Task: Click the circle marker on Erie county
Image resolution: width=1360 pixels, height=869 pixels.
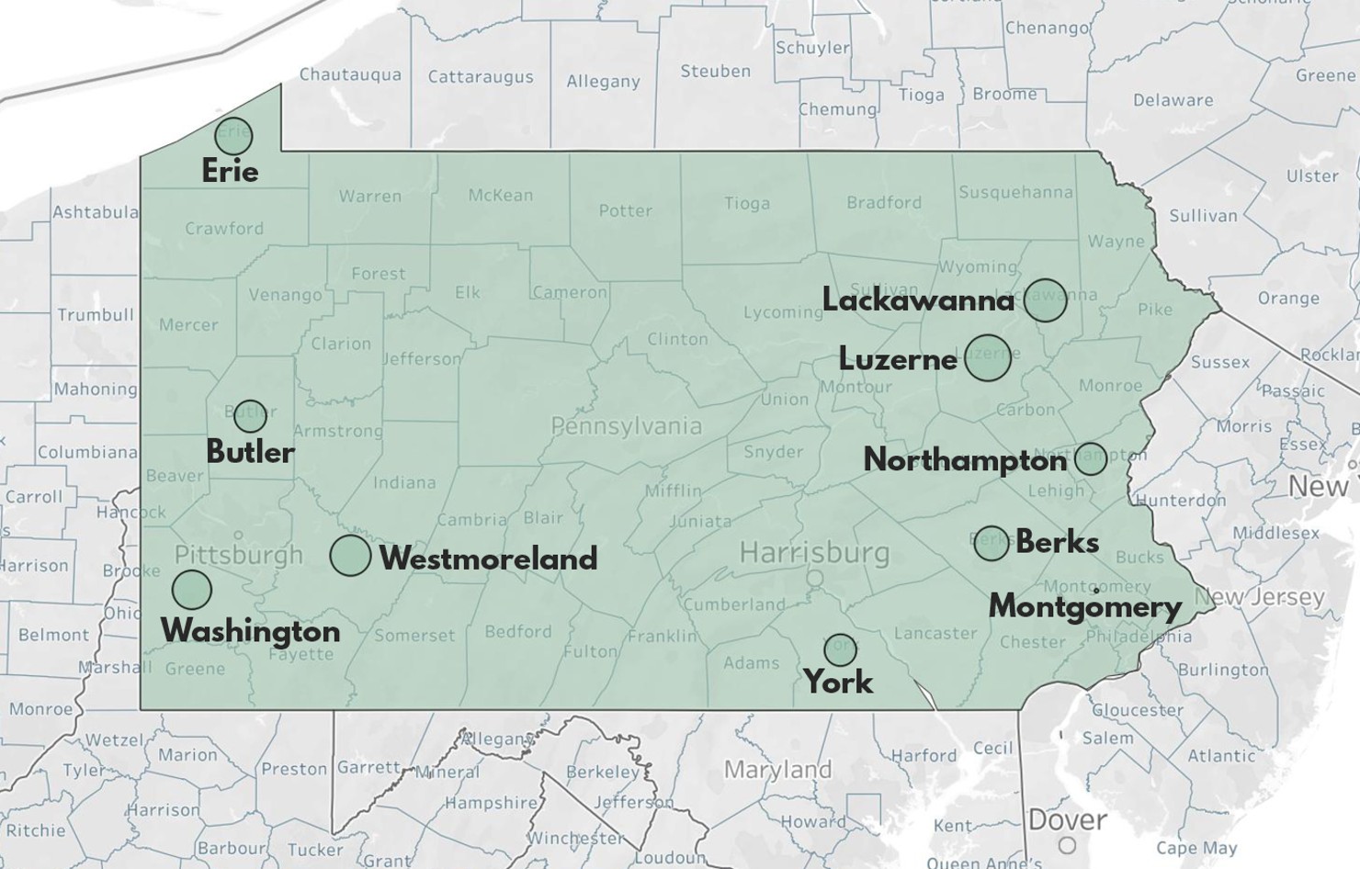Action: tap(233, 136)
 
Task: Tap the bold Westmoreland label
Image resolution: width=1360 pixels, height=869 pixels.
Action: tap(488, 559)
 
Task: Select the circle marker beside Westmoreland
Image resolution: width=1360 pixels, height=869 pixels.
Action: tap(350, 556)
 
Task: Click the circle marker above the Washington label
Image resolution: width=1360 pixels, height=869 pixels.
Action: tap(191, 590)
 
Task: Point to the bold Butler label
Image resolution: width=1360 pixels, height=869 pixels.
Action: tap(250, 452)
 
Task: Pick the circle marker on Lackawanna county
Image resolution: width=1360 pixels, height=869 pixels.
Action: tap(1045, 299)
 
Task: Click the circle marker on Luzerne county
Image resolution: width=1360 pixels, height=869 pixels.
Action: tap(988, 358)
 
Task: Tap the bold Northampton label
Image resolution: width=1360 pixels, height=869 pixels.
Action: tap(965, 460)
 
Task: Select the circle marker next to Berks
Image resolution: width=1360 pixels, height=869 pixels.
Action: tap(992, 543)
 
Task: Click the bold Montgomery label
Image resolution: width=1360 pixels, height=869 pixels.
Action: tap(1084, 607)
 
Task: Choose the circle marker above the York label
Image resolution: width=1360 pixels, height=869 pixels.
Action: tap(840, 649)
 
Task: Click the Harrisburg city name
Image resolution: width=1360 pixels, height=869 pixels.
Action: tap(814, 553)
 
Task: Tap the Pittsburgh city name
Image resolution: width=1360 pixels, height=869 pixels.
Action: tap(238, 555)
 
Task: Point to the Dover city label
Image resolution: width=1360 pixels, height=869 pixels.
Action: tap(1067, 819)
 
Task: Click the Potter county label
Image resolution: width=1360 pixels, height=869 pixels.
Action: tap(625, 210)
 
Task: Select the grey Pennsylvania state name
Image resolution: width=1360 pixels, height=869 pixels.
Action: tap(626, 426)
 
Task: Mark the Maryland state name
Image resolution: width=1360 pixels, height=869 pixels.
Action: tap(777, 769)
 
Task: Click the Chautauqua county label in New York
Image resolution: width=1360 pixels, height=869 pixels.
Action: tap(350, 74)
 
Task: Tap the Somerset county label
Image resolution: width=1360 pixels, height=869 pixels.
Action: tap(414, 635)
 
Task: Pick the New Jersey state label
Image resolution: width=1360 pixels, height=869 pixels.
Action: tap(1260, 597)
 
